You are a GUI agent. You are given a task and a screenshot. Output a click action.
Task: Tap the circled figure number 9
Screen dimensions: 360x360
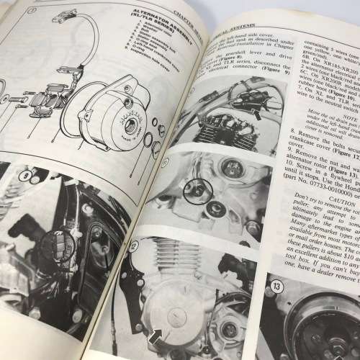pyautogui.click(x=27, y=175)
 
